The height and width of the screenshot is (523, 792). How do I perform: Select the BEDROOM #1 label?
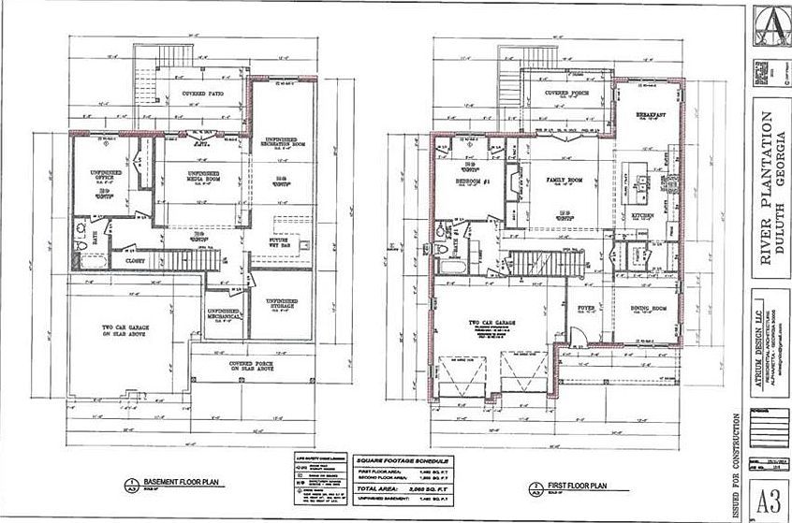tap(473, 180)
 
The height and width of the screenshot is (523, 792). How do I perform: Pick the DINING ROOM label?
tap(646, 309)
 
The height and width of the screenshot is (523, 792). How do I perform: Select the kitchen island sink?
tap(641, 178)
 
